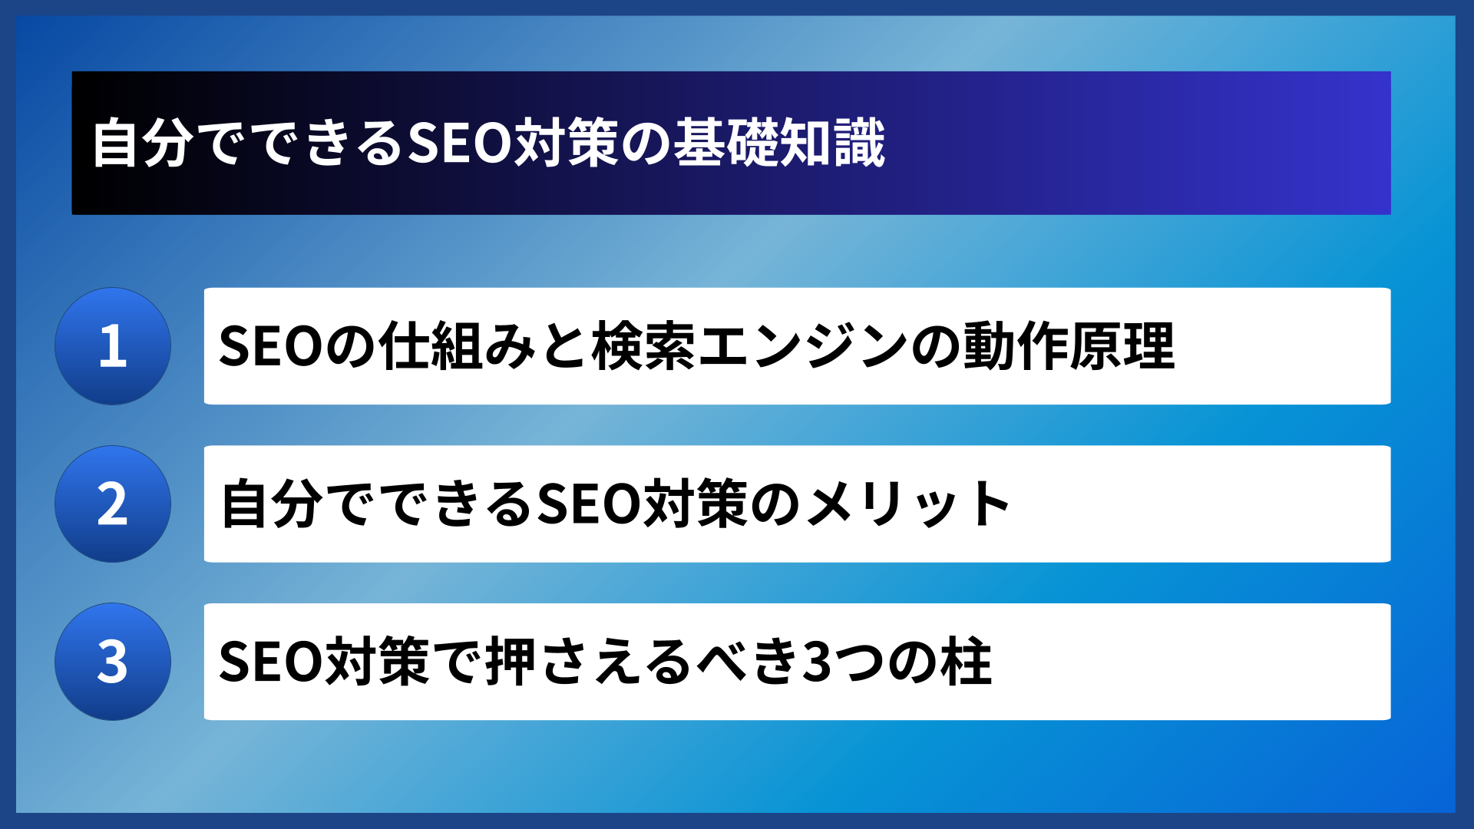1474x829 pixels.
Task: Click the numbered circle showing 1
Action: [113, 346]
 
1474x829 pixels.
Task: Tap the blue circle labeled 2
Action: [113, 504]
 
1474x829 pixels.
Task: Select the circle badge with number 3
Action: [113, 662]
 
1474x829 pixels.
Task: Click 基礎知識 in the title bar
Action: [780, 144]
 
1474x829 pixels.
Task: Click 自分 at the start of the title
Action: [142, 144]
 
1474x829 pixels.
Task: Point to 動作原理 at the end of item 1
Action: [1068, 346]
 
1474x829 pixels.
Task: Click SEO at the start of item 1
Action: [271, 346]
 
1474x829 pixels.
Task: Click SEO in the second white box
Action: [589, 504]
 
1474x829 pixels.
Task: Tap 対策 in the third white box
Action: [378, 662]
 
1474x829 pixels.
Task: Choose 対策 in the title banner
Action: [567, 144]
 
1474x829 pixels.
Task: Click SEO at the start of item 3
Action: [271, 662]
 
